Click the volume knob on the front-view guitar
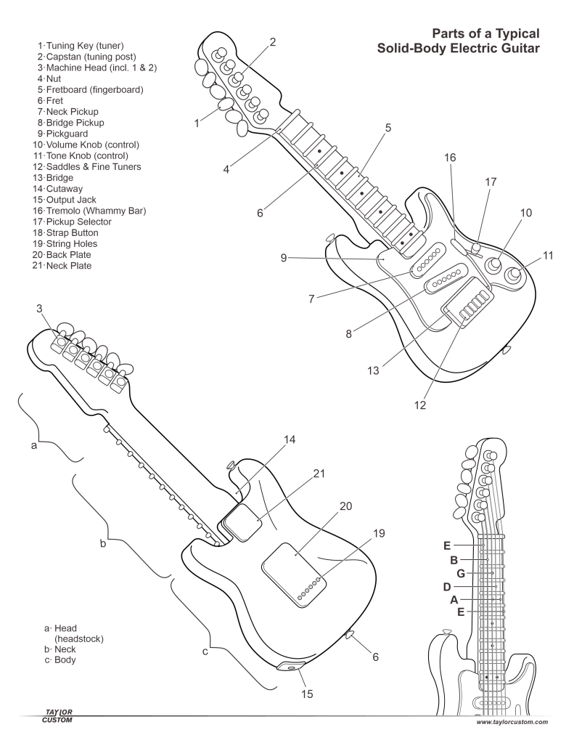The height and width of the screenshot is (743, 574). tap(496, 265)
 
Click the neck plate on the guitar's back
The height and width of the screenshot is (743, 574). tap(242, 521)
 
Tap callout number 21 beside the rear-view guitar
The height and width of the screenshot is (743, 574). tap(319, 474)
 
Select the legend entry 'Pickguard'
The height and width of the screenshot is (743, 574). tap(70, 134)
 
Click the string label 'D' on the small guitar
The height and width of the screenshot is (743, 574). tap(447, 587)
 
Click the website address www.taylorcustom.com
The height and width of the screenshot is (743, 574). tap(512, 723)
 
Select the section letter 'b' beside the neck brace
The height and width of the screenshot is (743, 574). tap(102, 543)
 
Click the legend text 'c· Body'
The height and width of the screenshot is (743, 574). tap(60, 660)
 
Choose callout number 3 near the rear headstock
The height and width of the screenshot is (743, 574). tap(39, 309)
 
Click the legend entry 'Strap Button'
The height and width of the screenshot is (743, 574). tap(75, 232)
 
